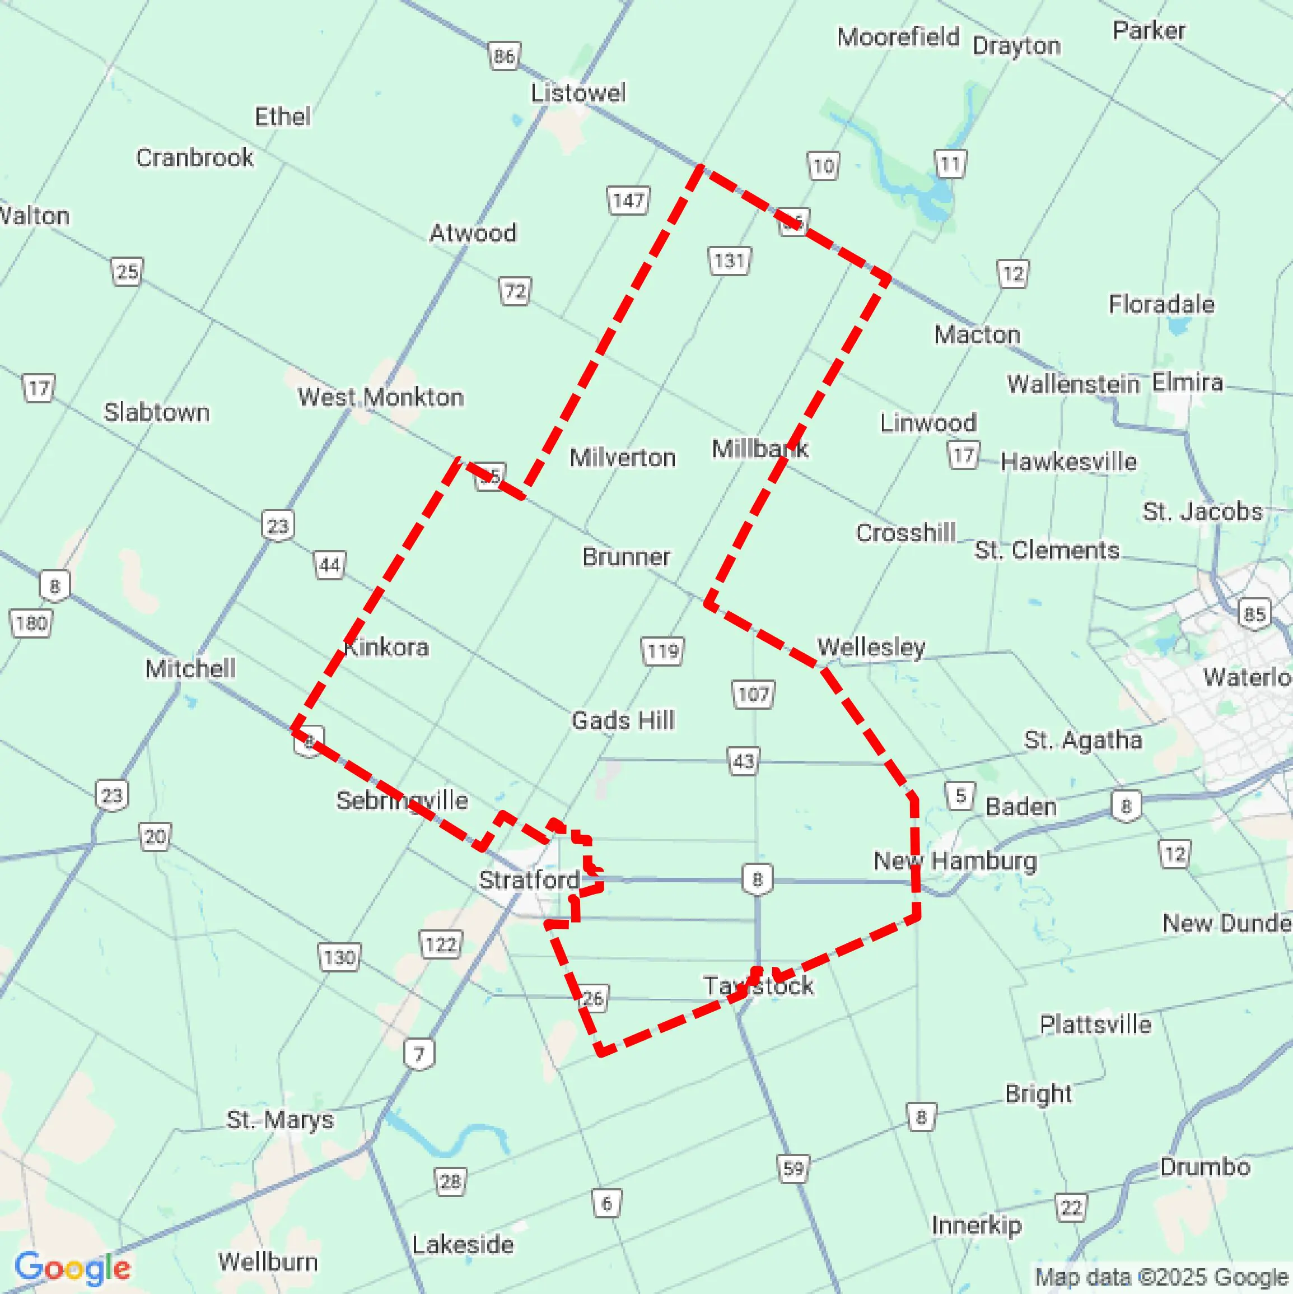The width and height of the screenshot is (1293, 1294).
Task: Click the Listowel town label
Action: pyautogui.click(x=578, y=93)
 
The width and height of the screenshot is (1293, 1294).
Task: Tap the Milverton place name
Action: pyautogui.click(x=622, y=458)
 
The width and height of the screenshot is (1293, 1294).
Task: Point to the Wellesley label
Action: pyautogui.click(x=871, y=647)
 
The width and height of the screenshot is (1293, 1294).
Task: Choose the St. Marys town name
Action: pyautogui.click(x=280, y=1119)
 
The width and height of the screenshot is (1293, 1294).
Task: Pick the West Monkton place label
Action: pyautogui.click(x=380, y=397)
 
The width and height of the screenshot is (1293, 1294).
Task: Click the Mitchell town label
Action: pyautogui.click(x=190, y=668)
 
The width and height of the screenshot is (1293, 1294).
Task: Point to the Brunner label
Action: pyautogui.click(x=626, y=557)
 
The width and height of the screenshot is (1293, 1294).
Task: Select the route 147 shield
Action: pyautogui.click(x=628, y=201)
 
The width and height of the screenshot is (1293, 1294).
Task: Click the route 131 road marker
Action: pyautogui.click(x=729, y=260)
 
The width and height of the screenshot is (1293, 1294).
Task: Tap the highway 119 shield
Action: pyautogui.click(x=663, y=651)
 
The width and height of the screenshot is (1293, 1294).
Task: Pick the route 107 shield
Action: pyautogui.click(x=753, y=694)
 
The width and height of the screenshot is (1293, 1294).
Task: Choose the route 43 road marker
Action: pyautogui.click(x=743, y=761)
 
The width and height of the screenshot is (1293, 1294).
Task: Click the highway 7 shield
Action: pyautogui.click(x=419, y=1055)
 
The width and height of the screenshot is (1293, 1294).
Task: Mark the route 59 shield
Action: pyautogui.click(x=793, y=1169)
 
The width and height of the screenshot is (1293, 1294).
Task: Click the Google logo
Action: pyautogui.click(x=72, y=1268)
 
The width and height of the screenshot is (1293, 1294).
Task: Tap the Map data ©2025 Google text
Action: pyautogui.click(x=1162, y=1277)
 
